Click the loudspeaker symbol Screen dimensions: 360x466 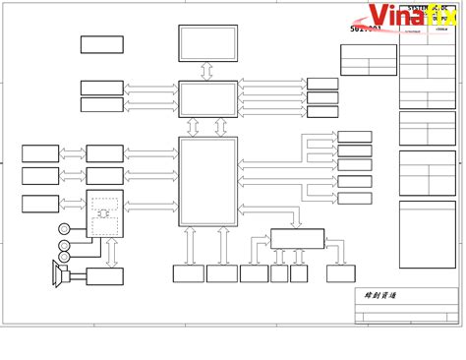pos(59,272)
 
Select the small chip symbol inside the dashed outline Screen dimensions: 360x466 pos(105,208)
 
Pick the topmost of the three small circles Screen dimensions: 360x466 pos(64,228)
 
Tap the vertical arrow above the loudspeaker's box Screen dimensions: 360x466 pos(110,252)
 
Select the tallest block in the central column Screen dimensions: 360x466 pos(207,182)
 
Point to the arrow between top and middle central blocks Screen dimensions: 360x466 pos(207,72)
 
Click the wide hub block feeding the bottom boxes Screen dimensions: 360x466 pos(297,238)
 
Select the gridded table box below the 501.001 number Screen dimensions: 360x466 pos(368,60)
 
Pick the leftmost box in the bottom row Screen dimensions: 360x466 pos(188,274)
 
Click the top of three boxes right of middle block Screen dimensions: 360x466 pos(321,84)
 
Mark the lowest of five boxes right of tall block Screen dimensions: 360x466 pos(355,198)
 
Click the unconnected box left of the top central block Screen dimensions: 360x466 pos(101,44)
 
